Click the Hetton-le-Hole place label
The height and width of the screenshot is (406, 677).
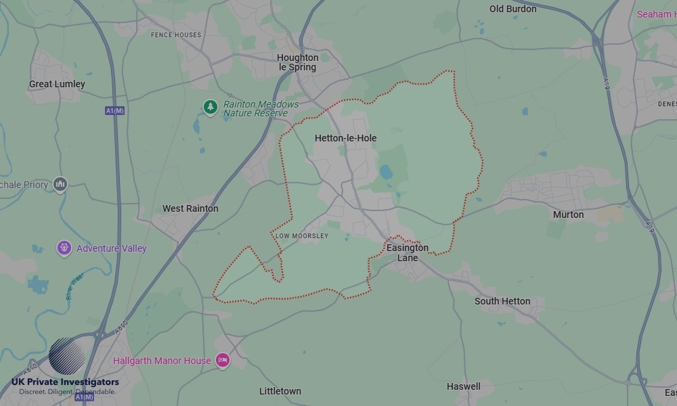(x=345, y=138)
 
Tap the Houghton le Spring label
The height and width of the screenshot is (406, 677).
(x=297, y=63)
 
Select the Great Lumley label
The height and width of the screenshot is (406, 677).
(x=57, y=84)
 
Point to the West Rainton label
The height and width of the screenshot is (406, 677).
(x=190, y=208)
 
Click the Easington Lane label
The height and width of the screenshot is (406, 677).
(x=408, y=252)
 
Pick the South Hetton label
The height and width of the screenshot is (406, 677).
(x=502, y=301)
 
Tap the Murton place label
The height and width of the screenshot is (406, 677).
(x=568, y=215)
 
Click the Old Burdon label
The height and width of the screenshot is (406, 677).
(x=512, y=9)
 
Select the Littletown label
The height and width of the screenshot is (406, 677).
(x=280, y=391)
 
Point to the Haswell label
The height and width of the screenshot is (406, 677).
(x=464, y=386)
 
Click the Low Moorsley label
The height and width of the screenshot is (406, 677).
(x=302, y=236)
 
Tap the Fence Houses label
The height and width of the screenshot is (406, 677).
(x=176, y=35)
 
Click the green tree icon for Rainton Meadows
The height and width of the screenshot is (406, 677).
(x=211, y=106)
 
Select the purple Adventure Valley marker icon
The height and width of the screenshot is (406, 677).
(x=64, y=248)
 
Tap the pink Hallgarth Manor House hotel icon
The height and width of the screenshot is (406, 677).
(x=223, y=361)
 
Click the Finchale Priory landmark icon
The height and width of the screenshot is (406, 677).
(x=60, y=184)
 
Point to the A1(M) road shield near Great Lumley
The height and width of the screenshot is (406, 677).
(x=115, y=110)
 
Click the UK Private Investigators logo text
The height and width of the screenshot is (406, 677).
(x=65, y=382)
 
